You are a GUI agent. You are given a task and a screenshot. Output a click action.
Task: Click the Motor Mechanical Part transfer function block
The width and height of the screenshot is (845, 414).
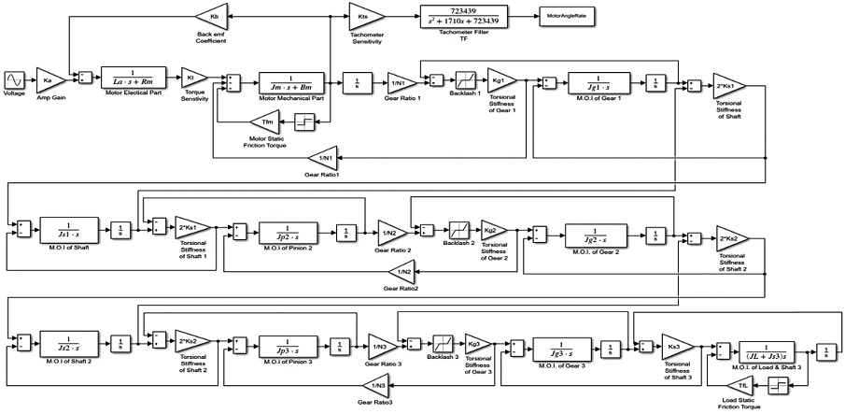point(290,81)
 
